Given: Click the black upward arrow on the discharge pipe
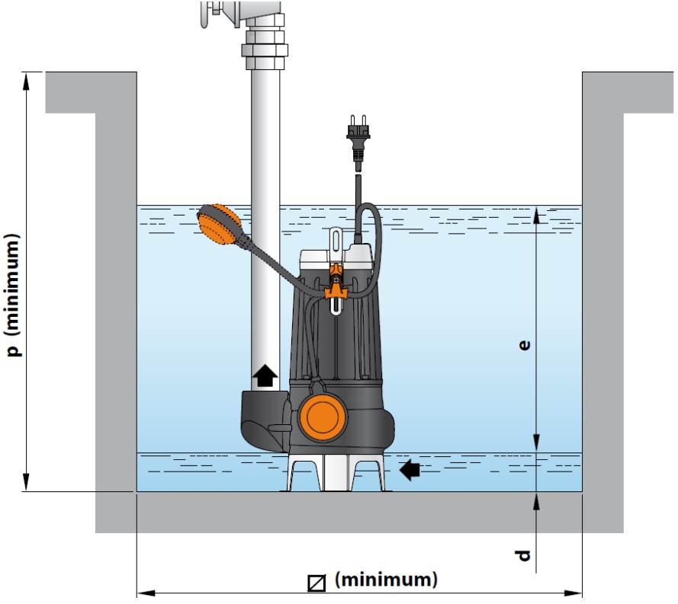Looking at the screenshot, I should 265,375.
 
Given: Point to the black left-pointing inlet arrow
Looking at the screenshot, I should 410,470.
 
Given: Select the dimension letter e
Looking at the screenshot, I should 524,345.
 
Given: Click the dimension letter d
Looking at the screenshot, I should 523,555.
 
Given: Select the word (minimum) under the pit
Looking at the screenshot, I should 387,580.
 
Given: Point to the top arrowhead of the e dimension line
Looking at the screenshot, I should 537,213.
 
